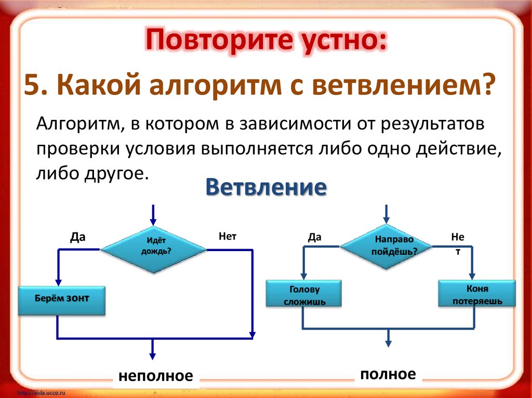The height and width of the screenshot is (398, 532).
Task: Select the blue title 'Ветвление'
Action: (266, 187)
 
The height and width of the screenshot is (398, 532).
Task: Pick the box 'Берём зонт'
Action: (62, 300)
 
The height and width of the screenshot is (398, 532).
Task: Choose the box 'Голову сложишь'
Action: (304, 295)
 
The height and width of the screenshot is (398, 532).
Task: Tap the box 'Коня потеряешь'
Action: (477, 294)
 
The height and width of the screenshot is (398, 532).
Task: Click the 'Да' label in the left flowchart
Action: (78, 237)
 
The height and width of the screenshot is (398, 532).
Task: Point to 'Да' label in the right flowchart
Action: (314, 237)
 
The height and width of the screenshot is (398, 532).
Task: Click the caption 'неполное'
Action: (155, 376)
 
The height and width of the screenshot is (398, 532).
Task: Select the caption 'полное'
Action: (388, 374)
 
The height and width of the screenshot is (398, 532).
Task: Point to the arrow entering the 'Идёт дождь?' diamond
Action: (153, 215)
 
